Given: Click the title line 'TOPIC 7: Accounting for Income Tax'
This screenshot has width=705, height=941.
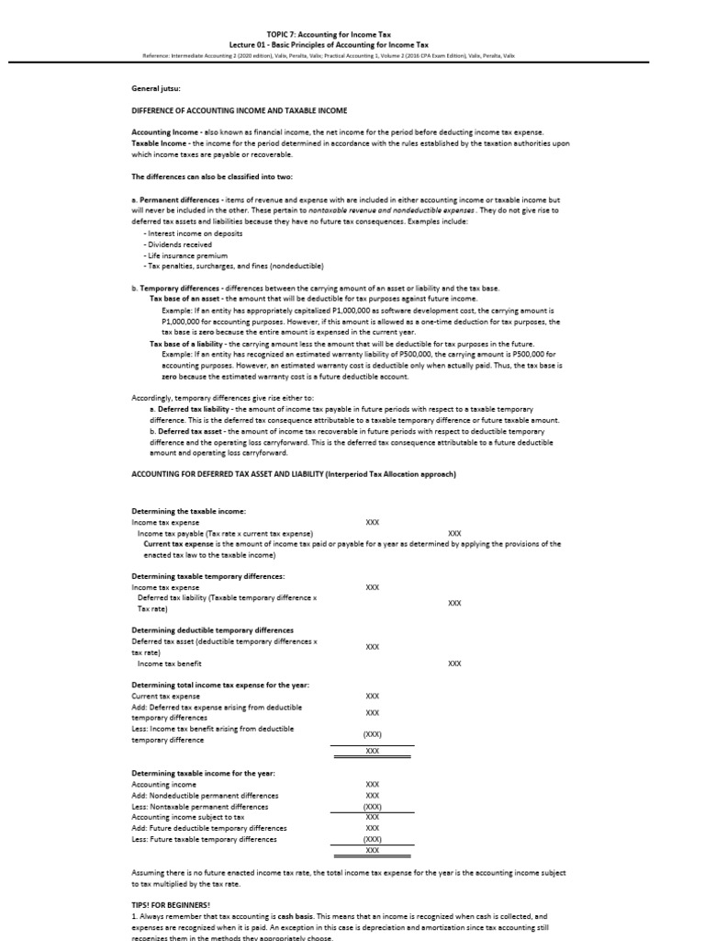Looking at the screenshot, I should [352, 32].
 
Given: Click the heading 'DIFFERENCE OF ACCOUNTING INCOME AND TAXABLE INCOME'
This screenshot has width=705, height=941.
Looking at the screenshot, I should [223, 112].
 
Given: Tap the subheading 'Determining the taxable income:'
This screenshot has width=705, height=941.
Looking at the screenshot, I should [188, 510].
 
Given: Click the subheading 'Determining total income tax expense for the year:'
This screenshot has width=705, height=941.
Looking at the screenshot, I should [220, 685].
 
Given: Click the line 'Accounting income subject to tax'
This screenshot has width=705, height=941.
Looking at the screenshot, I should [188, 816].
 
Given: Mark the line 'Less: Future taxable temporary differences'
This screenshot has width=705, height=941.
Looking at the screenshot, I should [203, 838].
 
